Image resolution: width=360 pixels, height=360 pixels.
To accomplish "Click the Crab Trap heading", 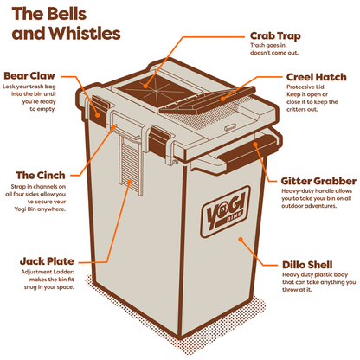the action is click(275, 36).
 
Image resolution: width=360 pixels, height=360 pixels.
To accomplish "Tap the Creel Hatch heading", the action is click(317, 77).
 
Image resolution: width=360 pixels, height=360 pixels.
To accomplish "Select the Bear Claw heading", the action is click(29, 76).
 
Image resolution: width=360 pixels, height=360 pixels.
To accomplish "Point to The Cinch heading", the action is click(41, 176).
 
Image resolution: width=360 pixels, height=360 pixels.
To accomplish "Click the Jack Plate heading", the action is click(47, 261).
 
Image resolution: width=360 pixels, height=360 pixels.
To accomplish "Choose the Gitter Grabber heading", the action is click(318, 181).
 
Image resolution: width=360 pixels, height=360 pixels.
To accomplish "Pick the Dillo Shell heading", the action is click(307, 265).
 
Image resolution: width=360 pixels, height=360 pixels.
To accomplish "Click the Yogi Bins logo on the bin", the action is click(225, 211).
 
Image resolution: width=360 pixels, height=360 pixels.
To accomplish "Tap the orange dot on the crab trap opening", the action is click(146, 86).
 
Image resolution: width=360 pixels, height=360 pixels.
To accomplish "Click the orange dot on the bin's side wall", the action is click(241, 240).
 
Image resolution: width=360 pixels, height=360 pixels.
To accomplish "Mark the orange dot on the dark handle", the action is click(255, 144).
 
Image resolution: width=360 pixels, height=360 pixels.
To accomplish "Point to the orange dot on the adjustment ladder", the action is click(130, 182).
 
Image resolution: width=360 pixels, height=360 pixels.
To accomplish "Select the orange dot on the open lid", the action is click(222, 99).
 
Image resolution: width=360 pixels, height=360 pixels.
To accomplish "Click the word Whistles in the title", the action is click(85, 33).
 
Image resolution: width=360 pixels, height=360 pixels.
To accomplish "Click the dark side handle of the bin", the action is click(248, 150).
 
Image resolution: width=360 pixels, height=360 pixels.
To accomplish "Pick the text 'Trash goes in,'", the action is click(268, 45).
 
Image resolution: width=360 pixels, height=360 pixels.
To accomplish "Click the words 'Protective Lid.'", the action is click(305, 87).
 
